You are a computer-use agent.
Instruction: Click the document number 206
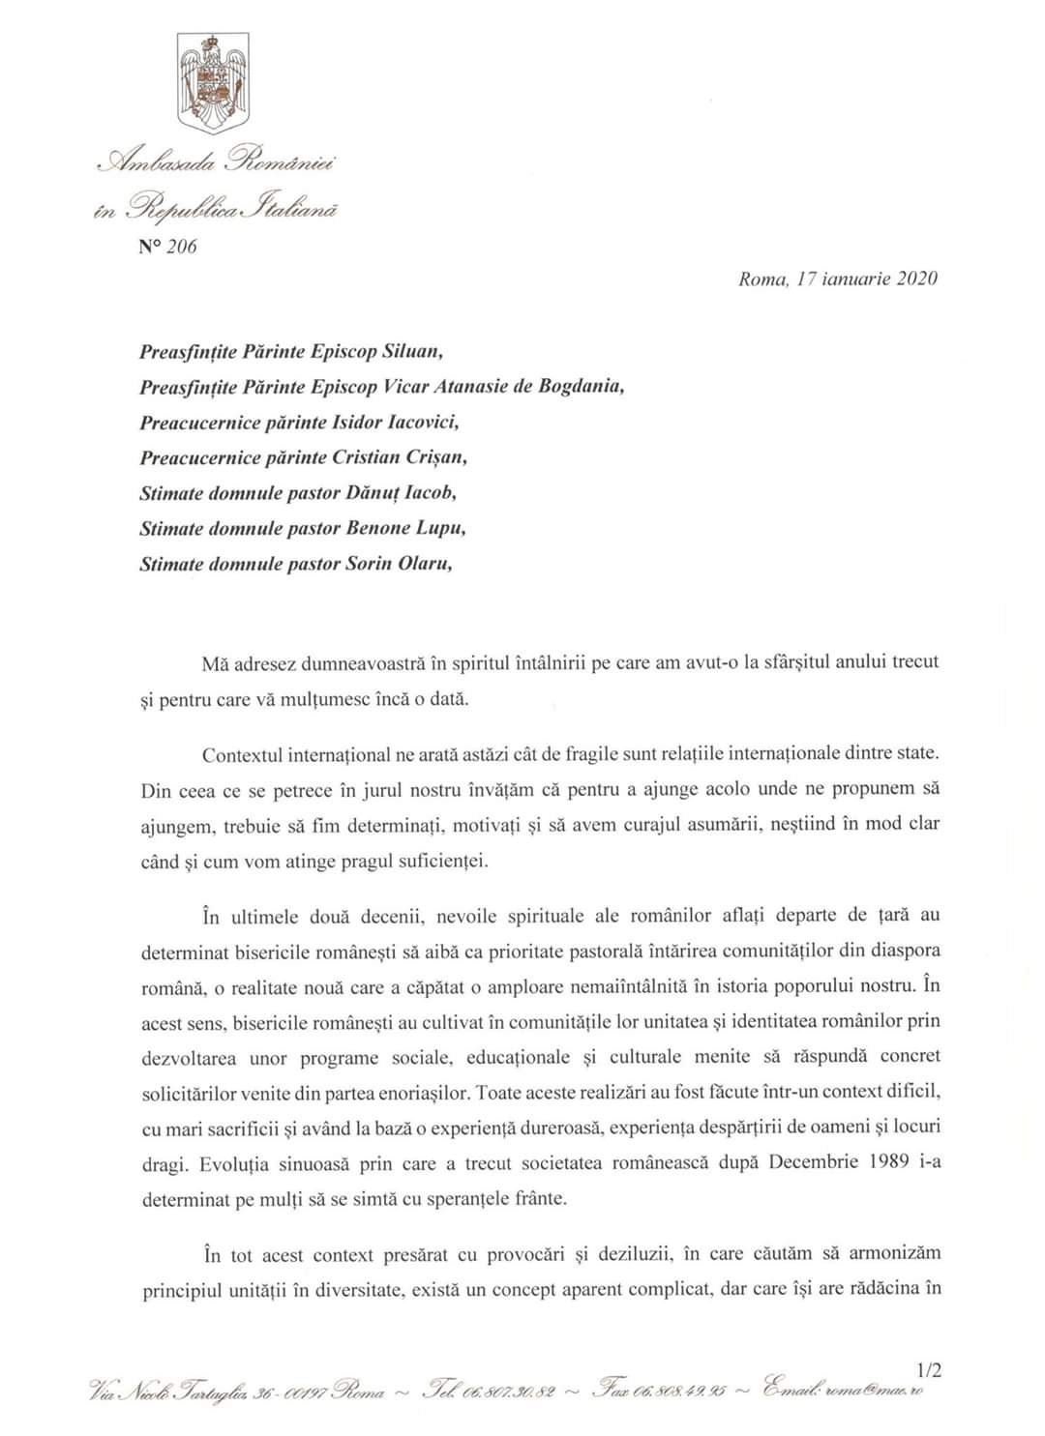pos(180,247)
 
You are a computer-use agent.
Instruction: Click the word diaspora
pos(905,951)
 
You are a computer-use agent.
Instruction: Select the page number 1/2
pos(928,1369)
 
